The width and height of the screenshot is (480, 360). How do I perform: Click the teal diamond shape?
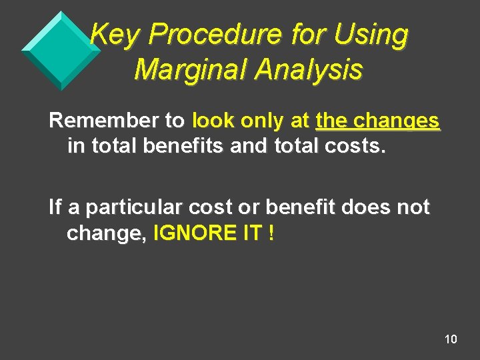61,50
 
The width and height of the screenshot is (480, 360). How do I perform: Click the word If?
55,207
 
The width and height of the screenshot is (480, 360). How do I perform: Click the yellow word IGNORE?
197,235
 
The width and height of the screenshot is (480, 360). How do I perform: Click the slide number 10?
451,340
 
